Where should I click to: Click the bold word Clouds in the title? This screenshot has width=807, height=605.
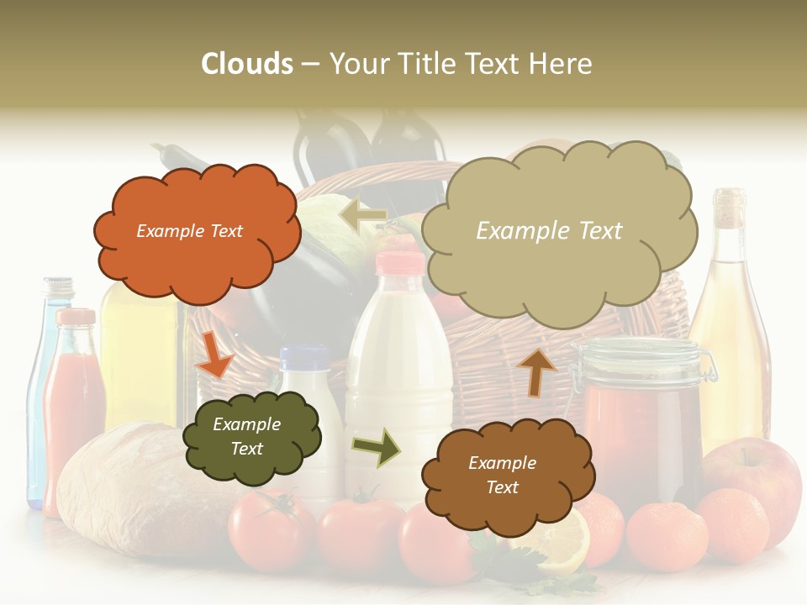click(x=247, y=64)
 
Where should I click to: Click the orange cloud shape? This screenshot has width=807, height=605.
click(x=197, y=231)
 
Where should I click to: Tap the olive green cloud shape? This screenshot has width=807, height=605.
click(x=251, y=436)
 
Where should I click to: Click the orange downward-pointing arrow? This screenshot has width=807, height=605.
click(x=214, y=353)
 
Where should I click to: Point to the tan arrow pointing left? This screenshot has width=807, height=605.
click(x=363, y=213)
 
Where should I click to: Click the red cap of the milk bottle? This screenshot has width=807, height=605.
click(x=401, y=263)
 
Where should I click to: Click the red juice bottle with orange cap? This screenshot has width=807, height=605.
click(x=74, y=403)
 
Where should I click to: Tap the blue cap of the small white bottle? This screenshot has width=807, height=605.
click(x=303, y=358)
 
